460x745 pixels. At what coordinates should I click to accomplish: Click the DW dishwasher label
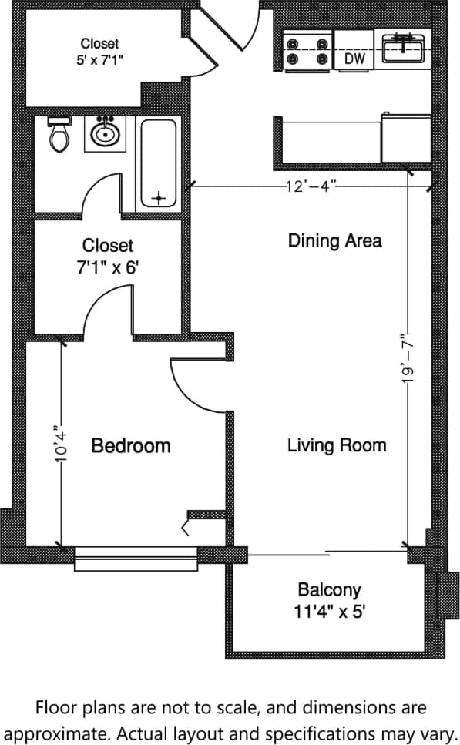[x=354, y=59]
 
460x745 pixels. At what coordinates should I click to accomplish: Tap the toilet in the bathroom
[x=59, y=136]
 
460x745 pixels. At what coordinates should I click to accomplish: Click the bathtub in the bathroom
[x=158, y=163]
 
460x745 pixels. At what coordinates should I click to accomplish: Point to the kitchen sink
[x=404, y=49]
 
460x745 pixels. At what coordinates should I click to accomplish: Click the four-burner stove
[x=307, y=50]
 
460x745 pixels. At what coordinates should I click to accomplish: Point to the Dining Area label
[x=334, y=240]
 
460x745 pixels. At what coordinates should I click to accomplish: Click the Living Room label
[x=337, y=445]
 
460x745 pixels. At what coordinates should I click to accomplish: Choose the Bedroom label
[x=131, y=445]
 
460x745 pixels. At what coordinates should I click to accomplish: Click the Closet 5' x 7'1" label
[x=100, y=51]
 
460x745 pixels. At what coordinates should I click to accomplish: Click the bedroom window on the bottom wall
[x=136, y=558]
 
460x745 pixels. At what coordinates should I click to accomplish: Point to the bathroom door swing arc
[x=96, y=189]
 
